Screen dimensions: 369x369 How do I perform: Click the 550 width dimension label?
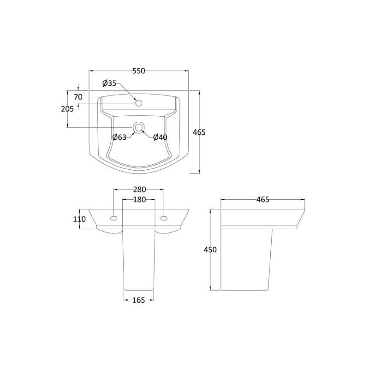pos(139,71)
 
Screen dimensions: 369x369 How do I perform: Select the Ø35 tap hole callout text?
pos(109,83)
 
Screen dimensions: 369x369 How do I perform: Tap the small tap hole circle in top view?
pos(139,103)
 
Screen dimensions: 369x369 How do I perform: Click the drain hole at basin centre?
pos(138,128)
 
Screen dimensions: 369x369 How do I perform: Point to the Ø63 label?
pos(119,137)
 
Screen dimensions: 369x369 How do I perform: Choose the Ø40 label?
pos(160,137)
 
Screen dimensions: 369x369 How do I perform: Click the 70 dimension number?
pos(78,97)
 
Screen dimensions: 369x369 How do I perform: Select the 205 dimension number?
pos(67,109)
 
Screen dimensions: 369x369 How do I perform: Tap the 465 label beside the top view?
pos(199,132)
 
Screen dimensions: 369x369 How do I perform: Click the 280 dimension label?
pos(140,189)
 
